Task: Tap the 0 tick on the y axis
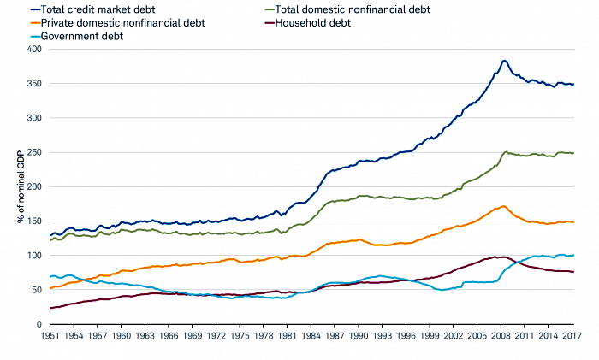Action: pyautogui.click(x=38, y=325)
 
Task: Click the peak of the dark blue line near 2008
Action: pyautogui.click(x=504, y=61)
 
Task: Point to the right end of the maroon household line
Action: pyautogui.click(x=573, y=272)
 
